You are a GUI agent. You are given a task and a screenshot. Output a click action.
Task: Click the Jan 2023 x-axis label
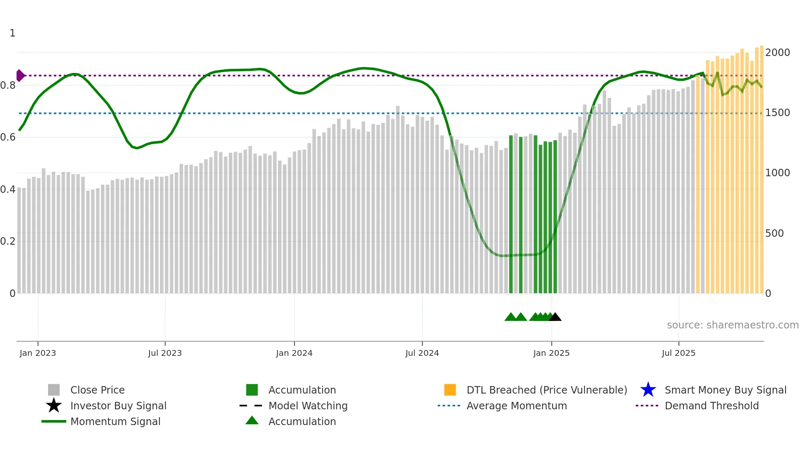click(x=38, y=353)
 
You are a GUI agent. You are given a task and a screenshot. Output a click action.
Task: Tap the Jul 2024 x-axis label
click(x=422, y=353)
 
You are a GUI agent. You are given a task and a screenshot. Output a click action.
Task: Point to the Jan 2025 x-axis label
click(x=551, y=353)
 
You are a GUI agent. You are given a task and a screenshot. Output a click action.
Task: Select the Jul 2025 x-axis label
click(x=678, y=353)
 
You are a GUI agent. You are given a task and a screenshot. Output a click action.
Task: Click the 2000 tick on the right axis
click(x=777, y=53)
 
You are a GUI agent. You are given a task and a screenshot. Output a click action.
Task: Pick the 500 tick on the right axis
click(x=774, y=233)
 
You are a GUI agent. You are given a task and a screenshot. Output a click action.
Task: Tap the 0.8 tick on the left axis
click(x=8, y=85)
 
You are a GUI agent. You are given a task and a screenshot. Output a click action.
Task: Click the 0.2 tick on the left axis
click(x=8, y=241)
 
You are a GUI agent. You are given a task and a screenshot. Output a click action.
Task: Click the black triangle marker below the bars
click(x=555, y=317)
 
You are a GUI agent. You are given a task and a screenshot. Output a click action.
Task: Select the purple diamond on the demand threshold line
click(x=20, y=75)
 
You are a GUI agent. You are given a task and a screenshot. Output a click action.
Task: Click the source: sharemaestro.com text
click(x=732, y=325)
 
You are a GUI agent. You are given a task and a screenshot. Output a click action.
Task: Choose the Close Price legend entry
click(x=97, y=390)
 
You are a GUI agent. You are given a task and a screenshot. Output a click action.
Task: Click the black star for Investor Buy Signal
click(x=54, y=406)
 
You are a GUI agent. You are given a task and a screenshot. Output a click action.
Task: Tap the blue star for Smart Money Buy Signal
click(x=648, y=390)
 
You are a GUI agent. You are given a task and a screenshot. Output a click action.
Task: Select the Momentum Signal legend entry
click(x=115, y=421)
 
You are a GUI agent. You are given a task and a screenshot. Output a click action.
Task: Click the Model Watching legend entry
click(x=308, y=406)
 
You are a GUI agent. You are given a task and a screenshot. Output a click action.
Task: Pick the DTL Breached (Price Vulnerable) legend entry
click(x=546, y=390)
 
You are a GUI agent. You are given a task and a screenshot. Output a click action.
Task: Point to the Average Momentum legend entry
click(x=517, y=406)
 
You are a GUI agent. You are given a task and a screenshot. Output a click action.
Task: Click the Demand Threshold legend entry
click(x=711, y=406)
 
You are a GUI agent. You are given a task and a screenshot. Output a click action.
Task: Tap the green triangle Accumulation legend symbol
click(x=252, y=421)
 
